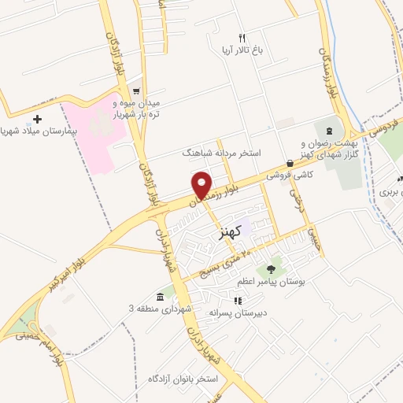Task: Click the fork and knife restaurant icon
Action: click(242, 38)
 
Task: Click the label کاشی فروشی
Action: click(285, 176)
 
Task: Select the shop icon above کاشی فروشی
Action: click(290, 164)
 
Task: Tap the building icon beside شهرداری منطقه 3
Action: click(160, 297)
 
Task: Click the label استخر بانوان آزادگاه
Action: click(183, 379)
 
